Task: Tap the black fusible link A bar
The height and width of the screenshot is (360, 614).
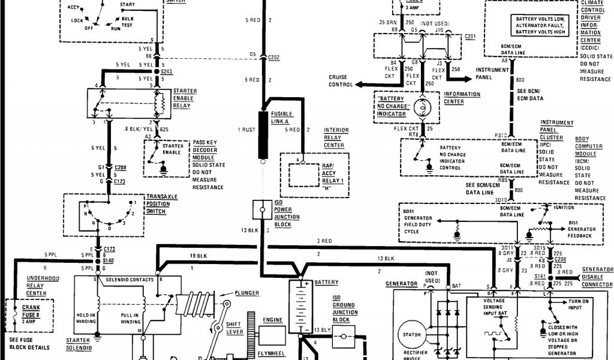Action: coord(263,135)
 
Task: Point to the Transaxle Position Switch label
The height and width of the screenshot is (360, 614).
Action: coord(158,204)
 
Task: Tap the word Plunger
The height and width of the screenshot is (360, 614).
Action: coord(247,293)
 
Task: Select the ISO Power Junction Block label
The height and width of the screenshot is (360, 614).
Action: coord(283,214)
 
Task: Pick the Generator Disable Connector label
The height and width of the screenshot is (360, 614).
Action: coord(597,277)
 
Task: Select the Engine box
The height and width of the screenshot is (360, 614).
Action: coord(273,326)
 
